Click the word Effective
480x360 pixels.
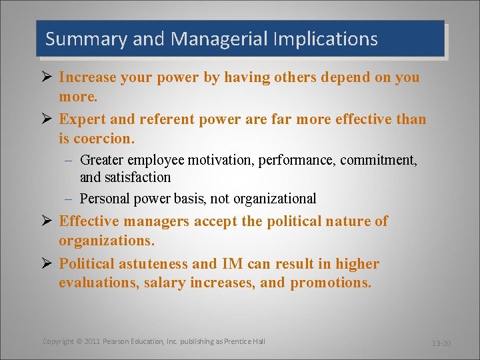89,221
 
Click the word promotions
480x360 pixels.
331,283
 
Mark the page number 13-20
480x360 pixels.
441,343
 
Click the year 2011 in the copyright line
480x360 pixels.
92,341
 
